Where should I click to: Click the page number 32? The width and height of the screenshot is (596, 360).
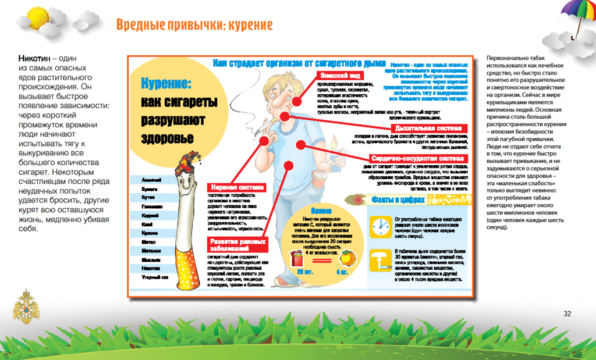click(x=567, y=314)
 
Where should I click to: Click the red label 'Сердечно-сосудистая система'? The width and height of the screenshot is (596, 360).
click(x=417, y=158)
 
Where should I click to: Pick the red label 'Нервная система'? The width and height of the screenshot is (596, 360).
click(x=236, y=187)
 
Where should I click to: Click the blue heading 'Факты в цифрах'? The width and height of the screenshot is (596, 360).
click(x=399, y=201)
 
